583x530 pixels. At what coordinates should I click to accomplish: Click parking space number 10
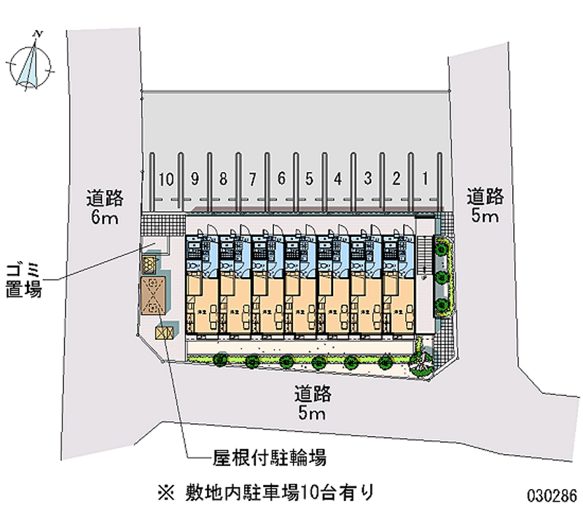pos(166,179)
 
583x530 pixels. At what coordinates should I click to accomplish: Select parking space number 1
pos(423,179)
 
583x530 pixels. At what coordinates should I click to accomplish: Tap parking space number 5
pos(309,179)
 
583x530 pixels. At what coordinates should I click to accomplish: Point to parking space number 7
pos(251,179)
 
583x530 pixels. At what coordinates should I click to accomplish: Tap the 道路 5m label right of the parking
pos(485,206)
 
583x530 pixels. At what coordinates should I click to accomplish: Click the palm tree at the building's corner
pos(421,359)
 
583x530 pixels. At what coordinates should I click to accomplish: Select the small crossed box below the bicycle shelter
pos(164,332)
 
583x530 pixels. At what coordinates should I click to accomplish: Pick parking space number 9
pos(195,179)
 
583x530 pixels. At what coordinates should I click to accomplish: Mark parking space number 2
pos(395,179)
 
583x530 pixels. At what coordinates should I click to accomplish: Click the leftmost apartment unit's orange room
pos(201,305)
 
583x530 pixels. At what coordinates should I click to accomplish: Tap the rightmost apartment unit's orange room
pos(399,305)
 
